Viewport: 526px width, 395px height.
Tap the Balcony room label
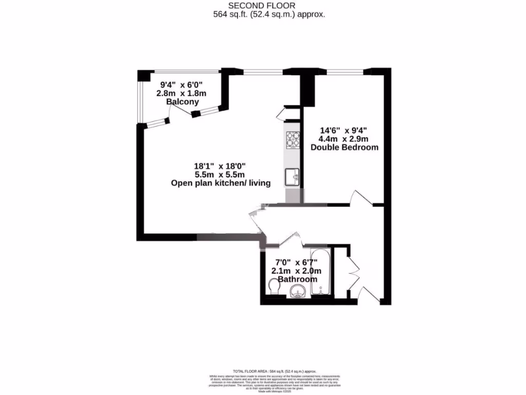[182, 102]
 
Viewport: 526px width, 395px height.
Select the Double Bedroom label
[344, 147]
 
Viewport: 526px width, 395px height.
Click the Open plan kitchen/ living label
[221, 183]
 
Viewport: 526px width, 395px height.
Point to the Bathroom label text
[297, 279]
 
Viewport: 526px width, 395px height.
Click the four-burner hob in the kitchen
[293, 140]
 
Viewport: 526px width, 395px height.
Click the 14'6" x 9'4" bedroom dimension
[344, 130]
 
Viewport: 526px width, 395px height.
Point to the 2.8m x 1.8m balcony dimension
[181, 93]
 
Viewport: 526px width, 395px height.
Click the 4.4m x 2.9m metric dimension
[344, 139]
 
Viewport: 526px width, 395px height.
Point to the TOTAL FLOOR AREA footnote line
[275, 371]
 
